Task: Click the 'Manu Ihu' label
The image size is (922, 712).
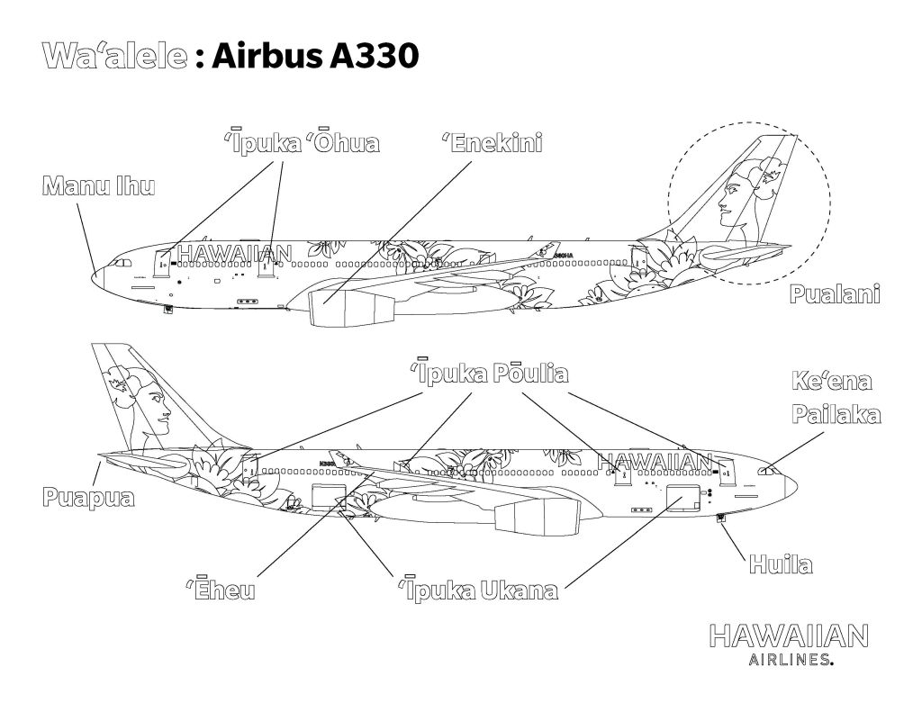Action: [99, 187]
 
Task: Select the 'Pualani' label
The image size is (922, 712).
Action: [834, 293]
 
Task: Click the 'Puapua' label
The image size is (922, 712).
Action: [88, 497]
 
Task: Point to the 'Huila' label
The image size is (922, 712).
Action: [780, 565]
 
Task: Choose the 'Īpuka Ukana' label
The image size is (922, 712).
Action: [478, 590]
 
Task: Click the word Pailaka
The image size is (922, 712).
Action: [836, 414]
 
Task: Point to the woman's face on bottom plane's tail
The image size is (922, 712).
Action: [155, 410]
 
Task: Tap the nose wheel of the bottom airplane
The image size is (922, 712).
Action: [720, 518]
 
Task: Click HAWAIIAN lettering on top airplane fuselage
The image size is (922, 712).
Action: [235, 255]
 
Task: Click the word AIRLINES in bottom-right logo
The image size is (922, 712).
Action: [789, 661]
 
